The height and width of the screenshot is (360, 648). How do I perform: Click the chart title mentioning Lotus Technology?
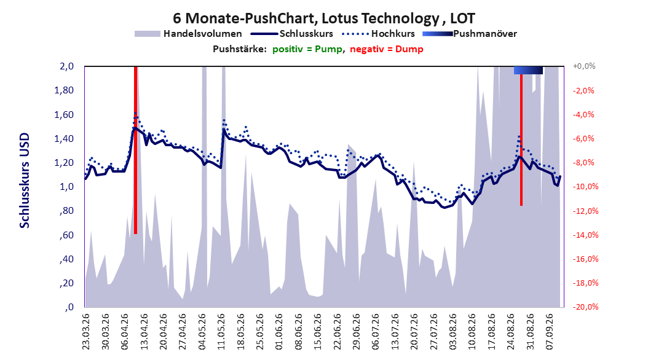(323, 18)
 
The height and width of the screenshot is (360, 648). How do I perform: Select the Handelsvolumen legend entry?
(188, 34)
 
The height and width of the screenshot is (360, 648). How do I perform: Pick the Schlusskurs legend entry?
(292, 34)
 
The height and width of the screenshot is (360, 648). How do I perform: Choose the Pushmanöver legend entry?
(470, 34)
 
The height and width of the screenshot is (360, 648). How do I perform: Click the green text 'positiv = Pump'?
(307, 49)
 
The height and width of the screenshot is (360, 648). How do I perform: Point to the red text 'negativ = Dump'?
(387, 49)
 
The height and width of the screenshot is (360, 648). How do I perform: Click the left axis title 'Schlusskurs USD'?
(25, 181)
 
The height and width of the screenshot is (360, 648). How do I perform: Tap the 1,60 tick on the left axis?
(64, 115)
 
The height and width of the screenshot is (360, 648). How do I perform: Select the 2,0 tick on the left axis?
(66, 66)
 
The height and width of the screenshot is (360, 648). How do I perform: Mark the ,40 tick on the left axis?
(66, 259)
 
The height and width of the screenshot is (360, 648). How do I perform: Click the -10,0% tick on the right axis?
(585, 187)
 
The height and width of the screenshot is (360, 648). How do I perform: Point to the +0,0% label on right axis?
(584, 66)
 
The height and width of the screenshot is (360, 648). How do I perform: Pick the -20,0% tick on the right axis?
(585, 307)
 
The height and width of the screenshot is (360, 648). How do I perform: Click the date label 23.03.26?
(86, 332)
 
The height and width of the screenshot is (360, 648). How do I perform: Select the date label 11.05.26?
(221, 332)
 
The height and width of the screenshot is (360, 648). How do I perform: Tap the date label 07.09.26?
(549, 332)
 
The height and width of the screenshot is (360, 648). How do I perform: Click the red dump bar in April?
(135, 151)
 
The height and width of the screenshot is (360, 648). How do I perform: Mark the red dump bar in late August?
(521, 140)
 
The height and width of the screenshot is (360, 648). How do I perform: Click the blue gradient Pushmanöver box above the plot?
(528, 70)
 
